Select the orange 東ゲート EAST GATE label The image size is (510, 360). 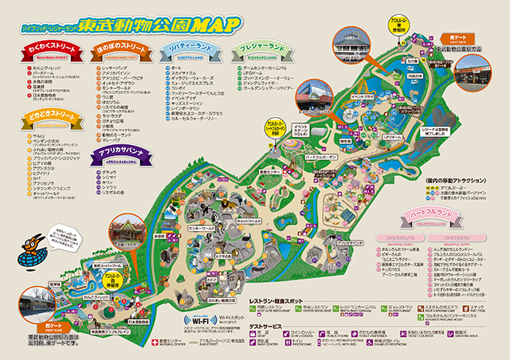click(458, 37)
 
